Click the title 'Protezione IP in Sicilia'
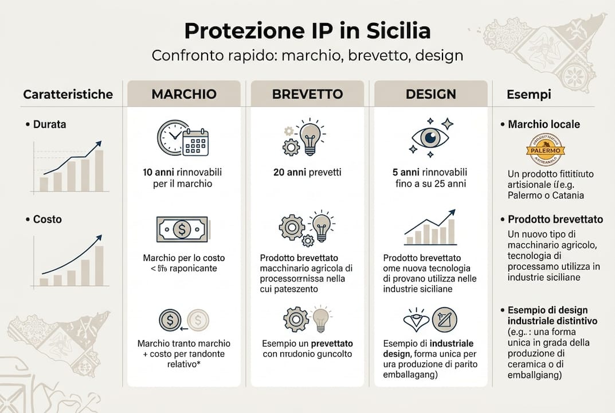[x=307, y=30]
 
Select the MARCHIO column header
[x=184, y=93]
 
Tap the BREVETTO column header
[x=307, y=93]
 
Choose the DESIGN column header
[x=430, y=93]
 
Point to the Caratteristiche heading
[x=68, y=94]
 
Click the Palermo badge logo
[x=545, y=150]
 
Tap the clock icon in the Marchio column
[x=171, y=137]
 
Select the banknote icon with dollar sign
[x=182, y=229]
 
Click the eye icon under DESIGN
[x=430, y=138]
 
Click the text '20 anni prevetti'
[x=307, y=172]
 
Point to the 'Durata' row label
[x=49, y=124]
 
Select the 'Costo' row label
[x=47, y=219]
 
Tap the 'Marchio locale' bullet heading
[x=543, y=124]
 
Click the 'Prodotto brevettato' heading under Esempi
[x=555, y=219]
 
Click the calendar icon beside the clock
[x=195, y=142]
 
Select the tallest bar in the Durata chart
[x=99, y=170]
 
